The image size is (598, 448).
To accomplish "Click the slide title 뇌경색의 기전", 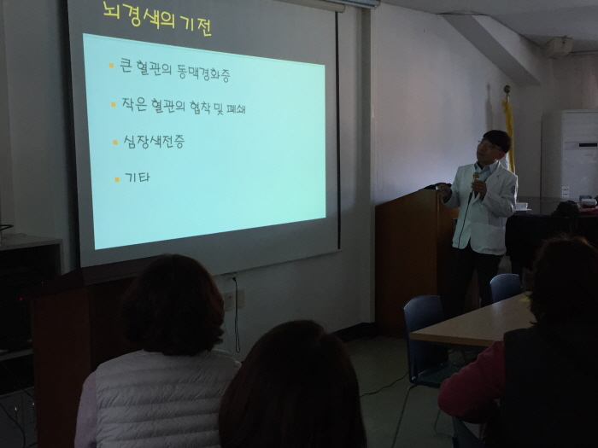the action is coord(157,19).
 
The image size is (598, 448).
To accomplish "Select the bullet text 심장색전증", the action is coord(154,142).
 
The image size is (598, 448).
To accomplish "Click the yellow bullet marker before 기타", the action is coord(117,179).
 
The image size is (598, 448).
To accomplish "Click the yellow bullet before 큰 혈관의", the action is coord(111,66).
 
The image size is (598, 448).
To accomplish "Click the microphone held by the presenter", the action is coord(475,181).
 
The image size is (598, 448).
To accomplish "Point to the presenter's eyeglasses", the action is coord(486,145).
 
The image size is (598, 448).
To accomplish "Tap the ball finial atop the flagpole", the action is coord(507,89).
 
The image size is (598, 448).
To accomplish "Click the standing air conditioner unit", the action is coord(579,154).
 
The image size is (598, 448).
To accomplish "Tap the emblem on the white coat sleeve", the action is coord(513,189).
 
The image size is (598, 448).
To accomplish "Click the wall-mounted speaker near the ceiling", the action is coord(560,47).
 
